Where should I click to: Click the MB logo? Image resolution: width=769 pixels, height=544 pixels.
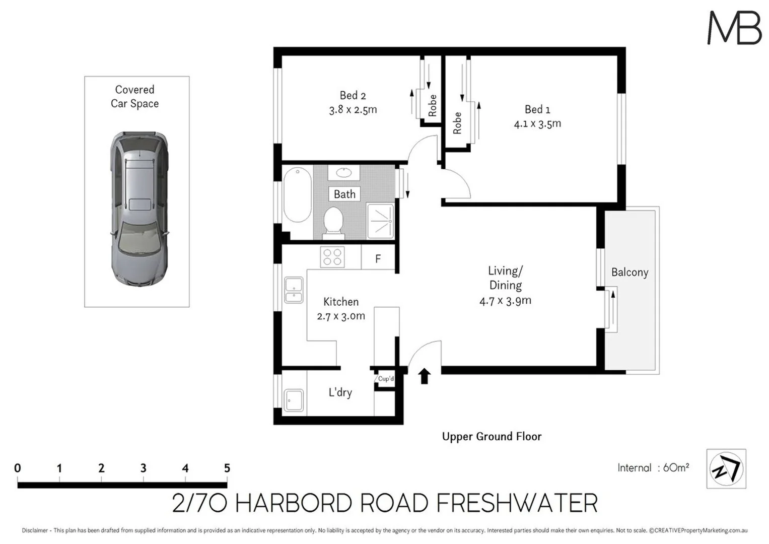point(734,29)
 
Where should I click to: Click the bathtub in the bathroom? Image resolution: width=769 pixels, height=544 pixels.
point(297,195)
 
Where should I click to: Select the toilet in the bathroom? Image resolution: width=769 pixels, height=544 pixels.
point(333,222)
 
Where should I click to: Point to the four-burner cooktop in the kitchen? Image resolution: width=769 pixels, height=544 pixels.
point(332,257)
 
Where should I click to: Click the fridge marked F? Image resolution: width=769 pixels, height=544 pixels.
point(378,258)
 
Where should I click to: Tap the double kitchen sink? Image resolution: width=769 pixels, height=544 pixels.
point(294,291)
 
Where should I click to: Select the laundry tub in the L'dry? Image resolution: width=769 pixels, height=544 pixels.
point(293,400)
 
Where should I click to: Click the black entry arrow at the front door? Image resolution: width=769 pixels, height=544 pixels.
point(425,376)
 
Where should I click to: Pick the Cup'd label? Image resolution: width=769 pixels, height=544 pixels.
point(386,379)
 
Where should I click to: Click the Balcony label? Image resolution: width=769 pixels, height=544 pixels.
point(630,273)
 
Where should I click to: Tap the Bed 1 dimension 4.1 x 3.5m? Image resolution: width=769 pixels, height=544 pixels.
point(537,124)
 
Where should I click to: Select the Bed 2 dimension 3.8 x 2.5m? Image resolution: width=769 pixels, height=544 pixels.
point(353,110)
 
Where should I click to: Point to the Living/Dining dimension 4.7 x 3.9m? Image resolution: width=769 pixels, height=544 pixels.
point(505,301)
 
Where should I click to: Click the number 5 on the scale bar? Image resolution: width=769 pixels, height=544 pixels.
point(227,468)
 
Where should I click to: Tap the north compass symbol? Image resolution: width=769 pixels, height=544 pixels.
point(726,469)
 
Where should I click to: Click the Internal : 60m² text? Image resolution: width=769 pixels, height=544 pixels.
point(653,468)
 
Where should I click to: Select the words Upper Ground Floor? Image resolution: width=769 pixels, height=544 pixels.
point(492,437)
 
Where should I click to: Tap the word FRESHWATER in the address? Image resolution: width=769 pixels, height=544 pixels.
point(517,504)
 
